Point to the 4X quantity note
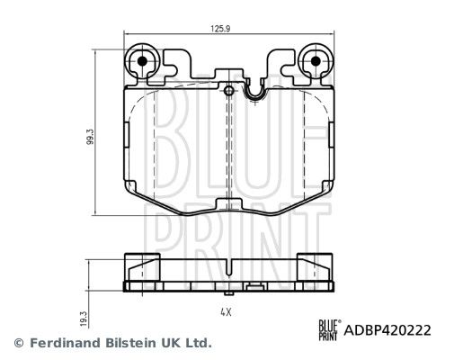(x=227, y=311)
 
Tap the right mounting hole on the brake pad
(x=315, y=63)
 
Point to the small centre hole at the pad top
(x=228, y=90)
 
